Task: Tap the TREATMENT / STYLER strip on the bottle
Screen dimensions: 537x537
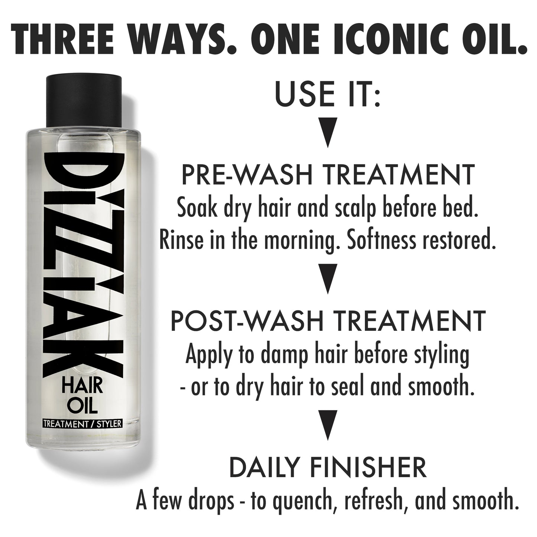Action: tap(82, 424)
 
